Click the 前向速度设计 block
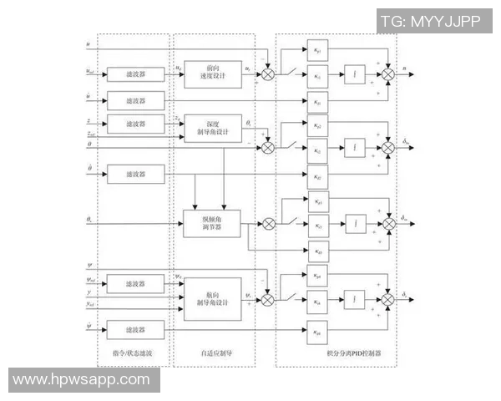(212, 73)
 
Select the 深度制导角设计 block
(212, 128)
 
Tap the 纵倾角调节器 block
(212, 224)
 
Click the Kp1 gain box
(317, 53)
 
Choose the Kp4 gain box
(317, 275)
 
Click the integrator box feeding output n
(357, 76)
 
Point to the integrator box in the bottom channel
(357, 298)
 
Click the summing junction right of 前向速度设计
(269, 75)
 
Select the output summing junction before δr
(388, 298)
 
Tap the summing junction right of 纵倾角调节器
(269, 223)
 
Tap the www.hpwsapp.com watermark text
(81, 379)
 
